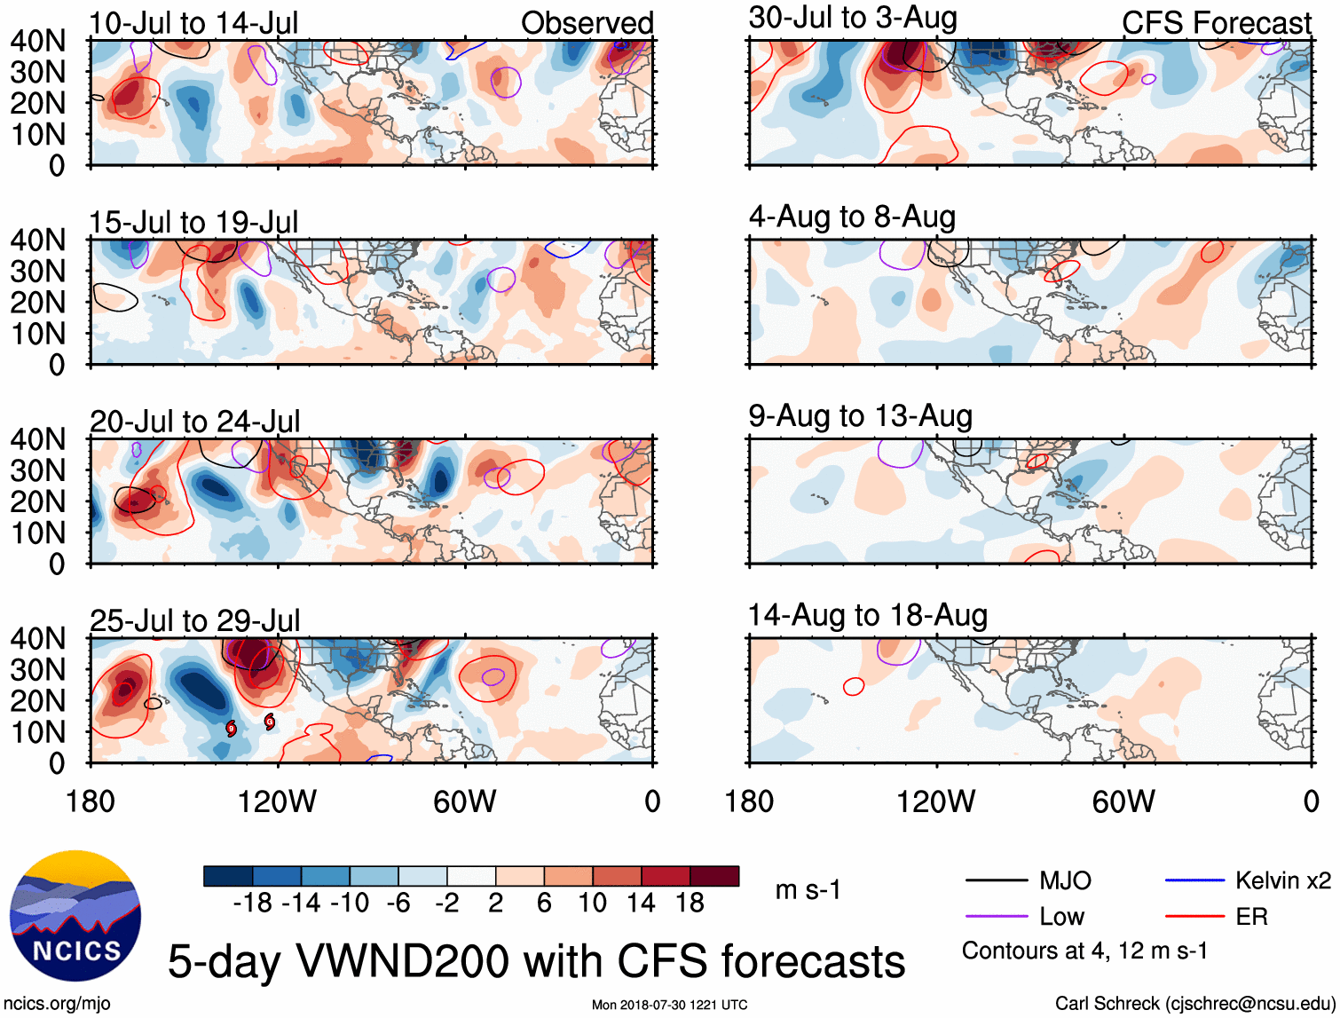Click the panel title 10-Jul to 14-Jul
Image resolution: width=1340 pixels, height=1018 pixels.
(x=193, y=22)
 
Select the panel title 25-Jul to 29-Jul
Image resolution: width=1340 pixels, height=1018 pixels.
(x=194, y=620)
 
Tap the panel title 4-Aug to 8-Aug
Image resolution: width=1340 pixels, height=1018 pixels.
(x=852, y=217)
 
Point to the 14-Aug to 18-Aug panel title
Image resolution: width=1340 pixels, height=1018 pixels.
(x=867, y=615)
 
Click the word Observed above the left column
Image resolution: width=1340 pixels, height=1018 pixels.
(x=587, y=22)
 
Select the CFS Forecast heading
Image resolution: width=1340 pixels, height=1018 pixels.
(x=1216, y=22)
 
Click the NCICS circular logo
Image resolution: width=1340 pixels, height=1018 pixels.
(x=75, y=916)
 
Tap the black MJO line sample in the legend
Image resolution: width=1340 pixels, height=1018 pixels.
(x=996, y=880)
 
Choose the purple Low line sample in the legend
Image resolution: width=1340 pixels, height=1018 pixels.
(x=996, y=917)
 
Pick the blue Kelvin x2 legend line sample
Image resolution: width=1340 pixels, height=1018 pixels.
(x=1194, y=880)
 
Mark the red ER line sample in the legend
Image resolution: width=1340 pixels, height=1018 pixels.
(x=1194, y=917)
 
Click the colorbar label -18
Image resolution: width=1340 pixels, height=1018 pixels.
(x=252, y=904)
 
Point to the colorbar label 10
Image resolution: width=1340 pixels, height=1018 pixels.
(x=592, y=904)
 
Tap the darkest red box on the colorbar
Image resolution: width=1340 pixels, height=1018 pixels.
(x=714, y=876)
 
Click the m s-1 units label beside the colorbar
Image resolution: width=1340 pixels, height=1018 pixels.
(x=808, y=889)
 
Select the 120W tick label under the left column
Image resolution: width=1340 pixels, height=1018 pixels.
(x=277, y=801)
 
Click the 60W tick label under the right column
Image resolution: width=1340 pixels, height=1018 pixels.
(x=1123, y=801)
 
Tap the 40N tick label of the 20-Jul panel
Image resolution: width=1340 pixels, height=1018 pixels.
(x=37, y=439)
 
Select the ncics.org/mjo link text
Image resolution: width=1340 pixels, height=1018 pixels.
(x=57, y=1004)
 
